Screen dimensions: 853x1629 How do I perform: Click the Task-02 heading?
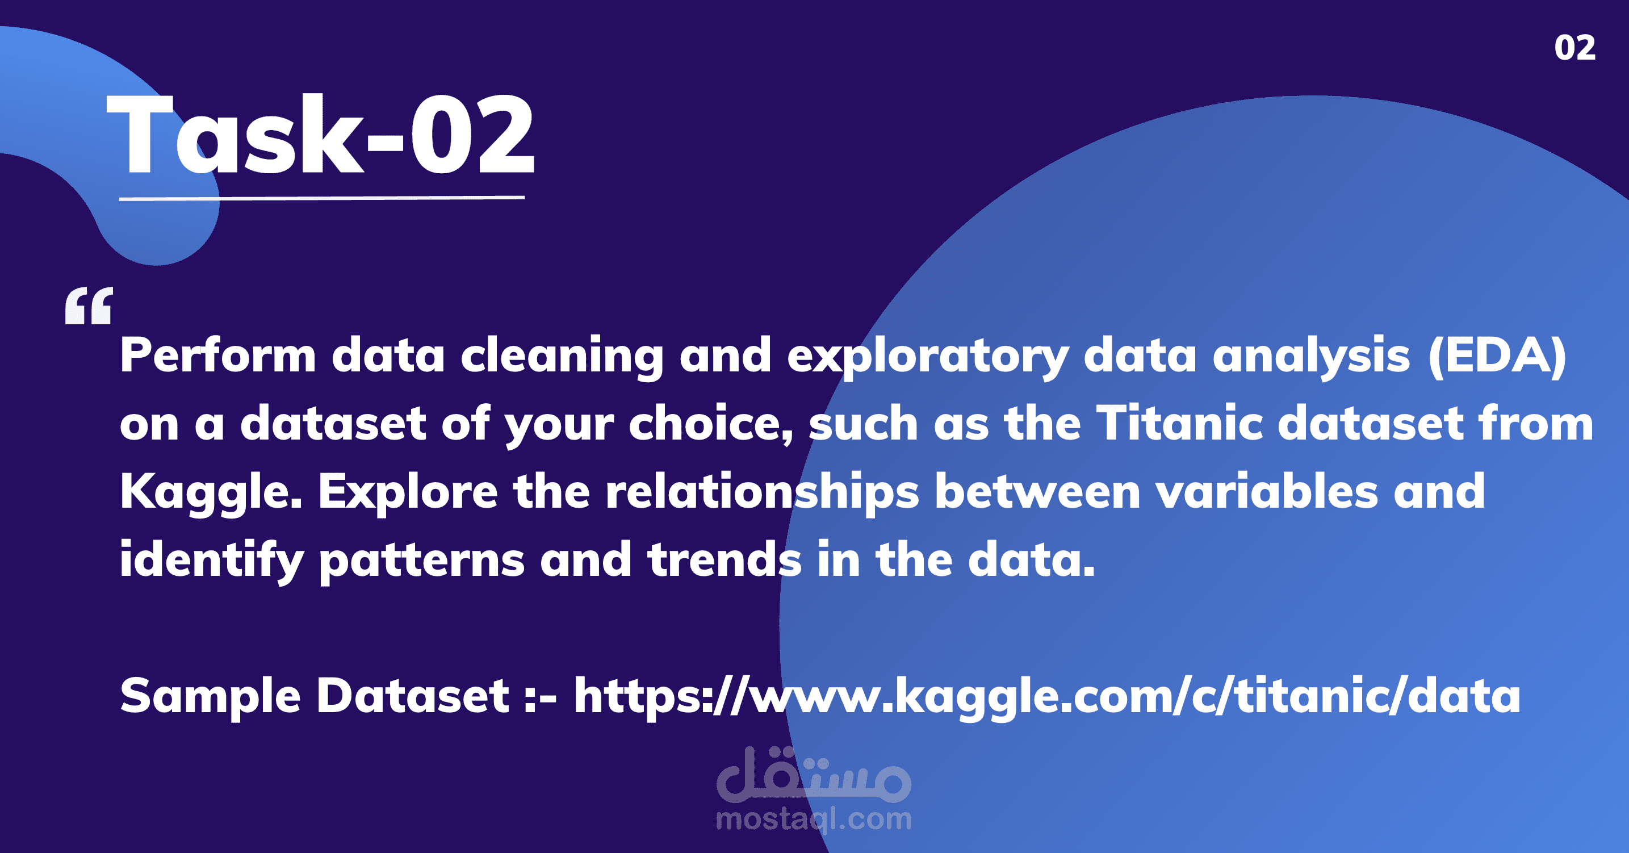pyautogui.click(x=321, y=134)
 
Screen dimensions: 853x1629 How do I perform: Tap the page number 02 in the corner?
pyautogui.click(x=1574, y=48)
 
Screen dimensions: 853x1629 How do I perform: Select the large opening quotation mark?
pyautogui.click(x=89, y=306)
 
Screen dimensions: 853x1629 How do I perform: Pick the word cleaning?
pyautogui.click(x=562, y=356)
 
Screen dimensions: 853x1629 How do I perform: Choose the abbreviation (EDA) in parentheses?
pyautogui.click(x=1497, y=356)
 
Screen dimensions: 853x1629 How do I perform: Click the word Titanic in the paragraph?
pyautogui.click(x=1179, y=424)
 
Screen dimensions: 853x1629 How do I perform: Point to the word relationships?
pyautogui.click(x=762, y=492)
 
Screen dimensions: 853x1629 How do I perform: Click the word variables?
pyautogui.click(x=1267, y=492)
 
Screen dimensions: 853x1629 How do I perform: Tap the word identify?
pyautogui.click(x=212, y=560)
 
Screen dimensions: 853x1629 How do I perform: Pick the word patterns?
pyautogui.click(x=422, y=560)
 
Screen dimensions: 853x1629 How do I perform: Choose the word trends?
pyautogui.click(x=725, y=560)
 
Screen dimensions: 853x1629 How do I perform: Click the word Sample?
pyautogui.click(x=210, y=696)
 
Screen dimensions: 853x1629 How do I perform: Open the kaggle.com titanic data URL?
pyautogui.click(x=1046, y=696)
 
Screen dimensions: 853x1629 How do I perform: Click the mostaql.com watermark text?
pyautogui.click(x=813, y=819)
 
